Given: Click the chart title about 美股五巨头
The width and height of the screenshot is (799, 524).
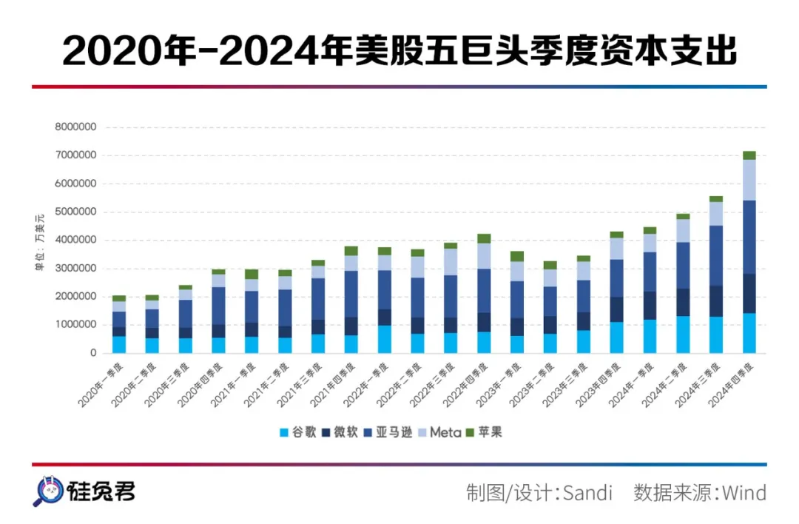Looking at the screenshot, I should (x=399, y=50).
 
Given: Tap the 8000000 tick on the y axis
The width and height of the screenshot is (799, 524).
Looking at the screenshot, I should (x=75, y=127).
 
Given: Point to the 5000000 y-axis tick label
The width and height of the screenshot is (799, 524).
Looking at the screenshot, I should (x=75, y=212).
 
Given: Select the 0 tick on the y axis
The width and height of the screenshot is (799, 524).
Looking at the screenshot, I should (x=93, y=353).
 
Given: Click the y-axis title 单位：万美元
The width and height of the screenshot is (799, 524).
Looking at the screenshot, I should (x=41, y=240).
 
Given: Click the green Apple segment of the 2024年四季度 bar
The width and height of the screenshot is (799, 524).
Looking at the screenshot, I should (x=749, y=155).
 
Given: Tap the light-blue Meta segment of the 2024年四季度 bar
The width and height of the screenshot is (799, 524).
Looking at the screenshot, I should (x=749, y=180).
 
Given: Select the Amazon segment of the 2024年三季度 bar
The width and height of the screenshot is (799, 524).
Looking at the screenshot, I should (x=716, y=255).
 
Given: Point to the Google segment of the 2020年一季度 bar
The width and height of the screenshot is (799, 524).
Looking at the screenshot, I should (x=119, y=345).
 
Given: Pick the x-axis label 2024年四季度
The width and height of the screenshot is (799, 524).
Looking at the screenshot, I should (x=732, y=385).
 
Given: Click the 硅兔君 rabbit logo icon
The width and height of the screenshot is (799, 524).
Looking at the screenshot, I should (x=47, y=491).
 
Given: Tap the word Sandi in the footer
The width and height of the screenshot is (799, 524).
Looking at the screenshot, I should (x=588, y=492).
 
